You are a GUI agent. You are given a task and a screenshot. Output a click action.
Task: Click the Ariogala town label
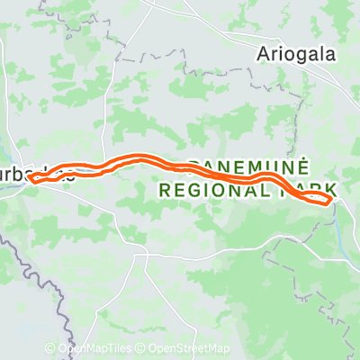click(x=296, y=53)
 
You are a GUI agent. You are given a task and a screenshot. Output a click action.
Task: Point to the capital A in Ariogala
click(x=263, y=53)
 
